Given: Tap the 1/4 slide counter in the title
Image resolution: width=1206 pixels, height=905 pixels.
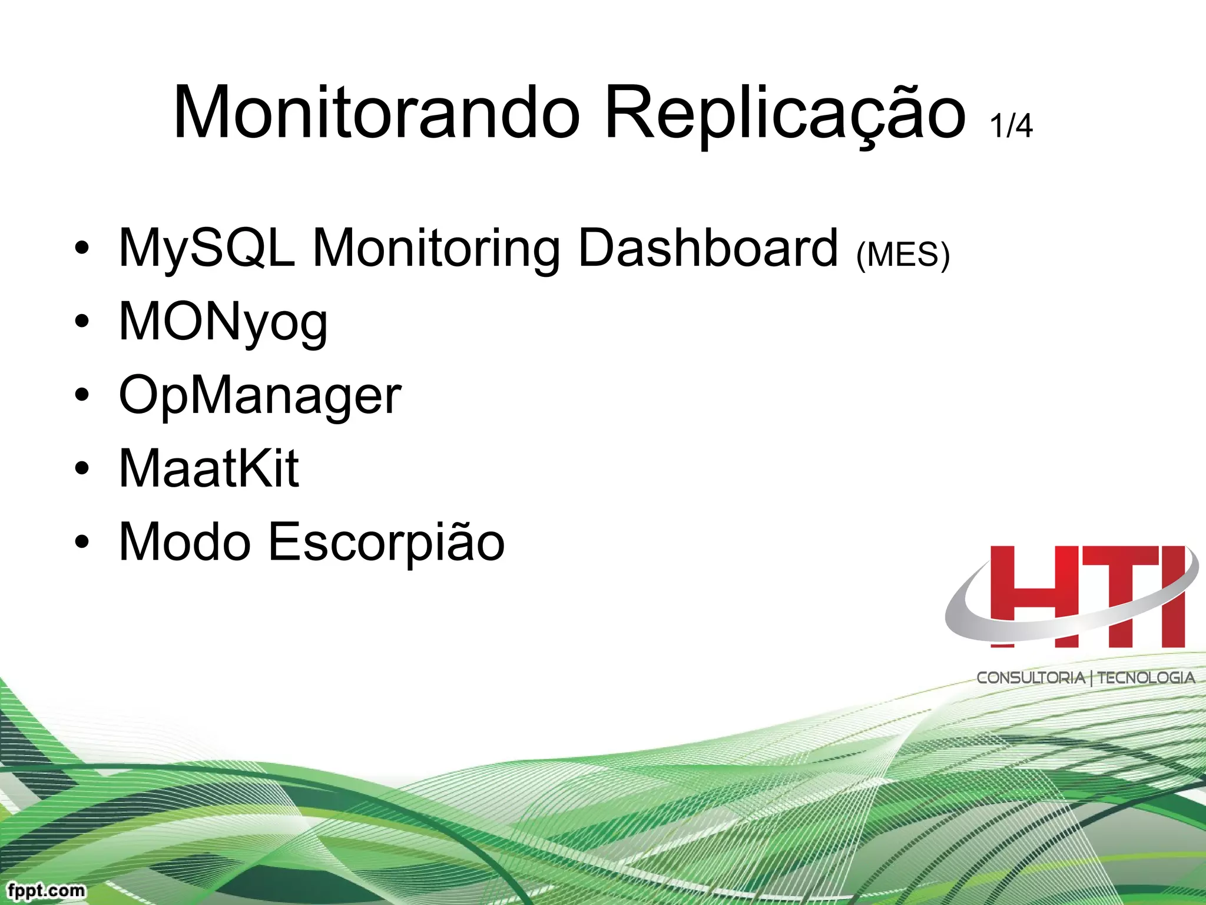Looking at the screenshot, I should pyautogui.click(x=1011, y=125).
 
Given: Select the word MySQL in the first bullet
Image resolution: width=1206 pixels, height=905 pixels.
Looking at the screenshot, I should pyautogui.click(x=207, y=249).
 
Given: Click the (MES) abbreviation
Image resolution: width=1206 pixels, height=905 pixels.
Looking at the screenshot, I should pyautogui.click(x=903, y=255).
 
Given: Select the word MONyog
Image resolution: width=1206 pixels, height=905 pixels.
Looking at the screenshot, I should pyautogui.click(x=223, y=323).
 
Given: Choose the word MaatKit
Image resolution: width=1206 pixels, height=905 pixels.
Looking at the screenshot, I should pyautogui.click(x=209, y=468).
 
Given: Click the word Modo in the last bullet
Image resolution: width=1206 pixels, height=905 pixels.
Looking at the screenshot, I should pyautogui.click(x=185, y=541).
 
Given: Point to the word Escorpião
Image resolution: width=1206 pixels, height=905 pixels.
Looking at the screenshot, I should pyautogui.click(x=386, y=543).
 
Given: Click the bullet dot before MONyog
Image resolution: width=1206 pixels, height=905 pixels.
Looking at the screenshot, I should pyautogui.click(x=82, y=322).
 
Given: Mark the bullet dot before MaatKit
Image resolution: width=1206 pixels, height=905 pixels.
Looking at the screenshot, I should pyautogui.click(x=82, y=468).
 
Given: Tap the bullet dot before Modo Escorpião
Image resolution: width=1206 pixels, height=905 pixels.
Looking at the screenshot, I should pyautogui.click(x=82, y=542).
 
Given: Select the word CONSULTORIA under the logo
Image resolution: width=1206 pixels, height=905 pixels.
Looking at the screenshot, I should pyautogui.click(x=1031, y=678).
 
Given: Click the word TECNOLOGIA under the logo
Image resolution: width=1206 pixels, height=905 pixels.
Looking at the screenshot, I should pyautogui.click(x=1146, y=678).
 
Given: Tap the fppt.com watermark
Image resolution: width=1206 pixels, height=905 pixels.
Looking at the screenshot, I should pyautogui.click(x=47, y=890).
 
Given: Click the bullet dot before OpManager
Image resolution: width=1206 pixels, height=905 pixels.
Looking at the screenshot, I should pyautogui.click(x=82, y=395).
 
